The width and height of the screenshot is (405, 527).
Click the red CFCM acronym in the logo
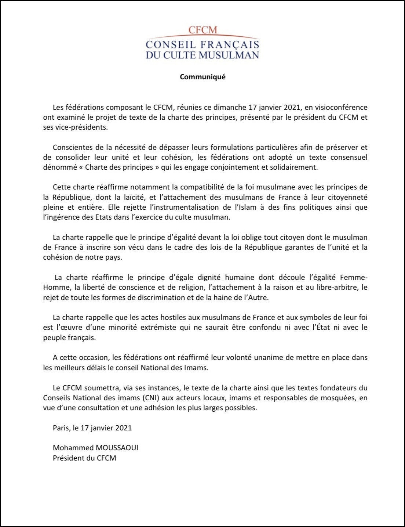point(202,30)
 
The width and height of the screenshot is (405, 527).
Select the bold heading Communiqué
point(202,77)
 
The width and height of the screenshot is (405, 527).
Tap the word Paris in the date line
point(61,428)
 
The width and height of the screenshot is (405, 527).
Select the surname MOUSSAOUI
point(117,448)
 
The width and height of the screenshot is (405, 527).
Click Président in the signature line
point(69,458)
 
